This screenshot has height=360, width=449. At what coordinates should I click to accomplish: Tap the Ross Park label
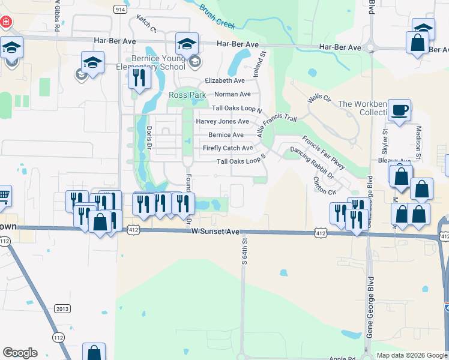187,95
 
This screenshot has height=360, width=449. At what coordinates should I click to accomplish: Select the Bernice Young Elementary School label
149,63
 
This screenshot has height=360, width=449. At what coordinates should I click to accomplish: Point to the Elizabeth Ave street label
224,80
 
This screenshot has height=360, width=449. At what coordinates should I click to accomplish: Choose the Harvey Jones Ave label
222,122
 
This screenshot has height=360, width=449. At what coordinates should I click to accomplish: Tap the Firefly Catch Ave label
228,148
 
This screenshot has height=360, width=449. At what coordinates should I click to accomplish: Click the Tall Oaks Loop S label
241,161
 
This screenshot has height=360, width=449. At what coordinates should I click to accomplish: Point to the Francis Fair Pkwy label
324,152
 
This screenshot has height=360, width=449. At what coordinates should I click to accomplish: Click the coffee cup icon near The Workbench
399,110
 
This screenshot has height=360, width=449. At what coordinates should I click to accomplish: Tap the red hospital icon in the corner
6,22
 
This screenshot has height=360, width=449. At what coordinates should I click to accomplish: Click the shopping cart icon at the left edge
4,195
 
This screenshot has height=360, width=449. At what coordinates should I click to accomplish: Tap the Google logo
20,353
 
